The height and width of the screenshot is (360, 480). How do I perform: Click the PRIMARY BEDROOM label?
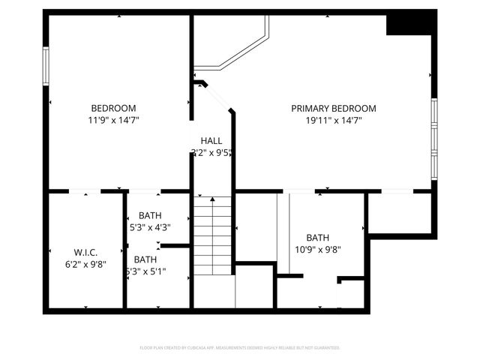333,109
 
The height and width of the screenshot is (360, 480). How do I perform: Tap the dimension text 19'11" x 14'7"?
333,120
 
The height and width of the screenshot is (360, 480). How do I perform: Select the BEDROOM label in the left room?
113,108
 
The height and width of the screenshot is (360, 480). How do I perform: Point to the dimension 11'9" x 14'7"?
113,120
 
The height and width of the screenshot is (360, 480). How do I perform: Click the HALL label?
211,141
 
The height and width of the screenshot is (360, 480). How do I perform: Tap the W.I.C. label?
85,252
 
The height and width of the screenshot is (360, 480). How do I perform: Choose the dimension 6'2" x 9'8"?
85,264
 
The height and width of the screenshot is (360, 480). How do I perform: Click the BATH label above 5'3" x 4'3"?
149,216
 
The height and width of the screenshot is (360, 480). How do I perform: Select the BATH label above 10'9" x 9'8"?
317,238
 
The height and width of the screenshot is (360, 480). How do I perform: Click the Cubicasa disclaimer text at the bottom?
240,348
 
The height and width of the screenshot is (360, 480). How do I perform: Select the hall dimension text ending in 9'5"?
211,153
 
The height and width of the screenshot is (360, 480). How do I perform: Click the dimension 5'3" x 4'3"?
149,228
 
